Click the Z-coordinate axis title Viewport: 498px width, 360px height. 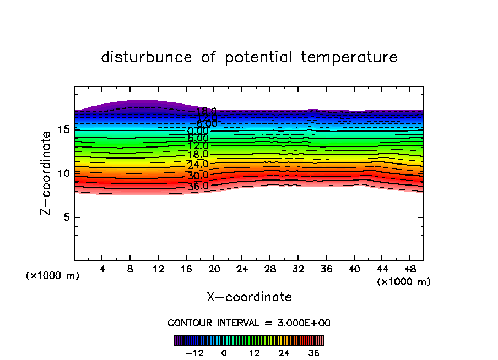click(48, 172)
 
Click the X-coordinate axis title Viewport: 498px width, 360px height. click(249, 297)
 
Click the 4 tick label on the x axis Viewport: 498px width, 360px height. click(102, 269)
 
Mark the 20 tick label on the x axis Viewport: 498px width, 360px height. click(214, 269)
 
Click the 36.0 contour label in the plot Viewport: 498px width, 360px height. click(198, 186)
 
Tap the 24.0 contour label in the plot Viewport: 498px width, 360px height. click(198, 165)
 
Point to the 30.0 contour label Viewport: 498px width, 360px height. click(198, 176)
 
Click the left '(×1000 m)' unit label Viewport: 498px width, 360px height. click(53, 276)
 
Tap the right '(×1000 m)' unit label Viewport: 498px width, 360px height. click(404, 282)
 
